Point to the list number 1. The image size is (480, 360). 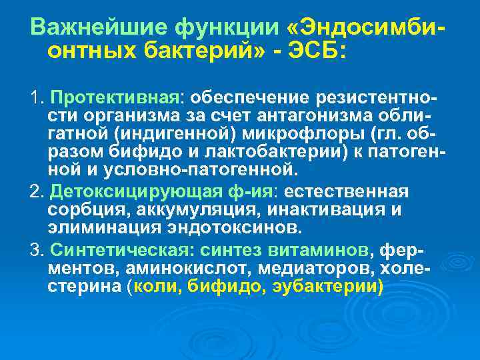[x=35, y=99]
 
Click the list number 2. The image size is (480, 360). [x=35, y=193]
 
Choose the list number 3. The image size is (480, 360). [x=35, y=253]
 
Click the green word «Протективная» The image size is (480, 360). [x=113, y=99]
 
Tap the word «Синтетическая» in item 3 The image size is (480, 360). [x=116, y=253]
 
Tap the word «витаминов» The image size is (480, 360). [x=317, y=253]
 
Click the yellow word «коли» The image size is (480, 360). [x=157, y=287]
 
